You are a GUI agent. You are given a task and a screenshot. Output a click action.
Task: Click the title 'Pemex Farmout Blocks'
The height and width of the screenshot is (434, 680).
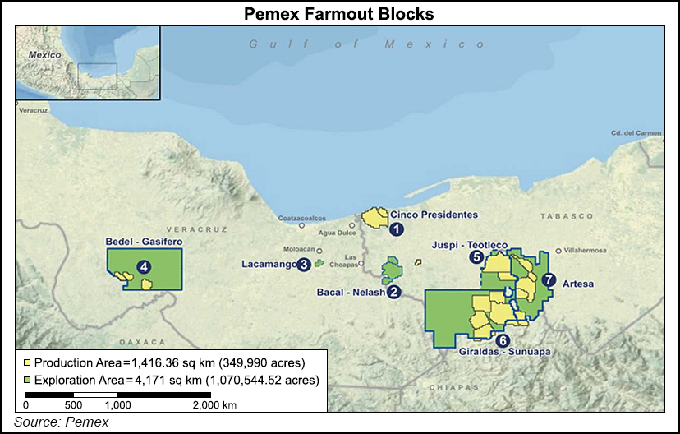coord(340,14)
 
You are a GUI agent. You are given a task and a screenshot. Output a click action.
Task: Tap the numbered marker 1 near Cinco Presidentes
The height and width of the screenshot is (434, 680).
coord(396,229)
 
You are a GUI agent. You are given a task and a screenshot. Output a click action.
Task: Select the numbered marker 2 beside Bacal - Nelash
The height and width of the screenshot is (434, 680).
coord(394,292)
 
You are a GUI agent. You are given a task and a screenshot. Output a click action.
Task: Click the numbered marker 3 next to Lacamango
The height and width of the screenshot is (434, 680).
coord(304,264)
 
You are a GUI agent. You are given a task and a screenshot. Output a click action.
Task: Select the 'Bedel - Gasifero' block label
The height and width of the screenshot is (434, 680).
coord(144,242)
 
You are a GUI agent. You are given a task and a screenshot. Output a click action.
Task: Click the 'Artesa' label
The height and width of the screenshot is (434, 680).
coord(578,284)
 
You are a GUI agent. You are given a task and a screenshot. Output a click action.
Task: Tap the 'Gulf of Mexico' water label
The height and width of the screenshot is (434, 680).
coord(368,44)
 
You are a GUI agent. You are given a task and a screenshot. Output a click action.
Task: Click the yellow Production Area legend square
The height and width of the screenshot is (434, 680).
coord(27,362)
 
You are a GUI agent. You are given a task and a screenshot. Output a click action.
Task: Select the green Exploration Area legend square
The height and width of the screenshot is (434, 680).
coord(27,380)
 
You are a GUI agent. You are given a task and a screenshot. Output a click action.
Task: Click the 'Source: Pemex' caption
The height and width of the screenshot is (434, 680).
coord(61,422)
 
